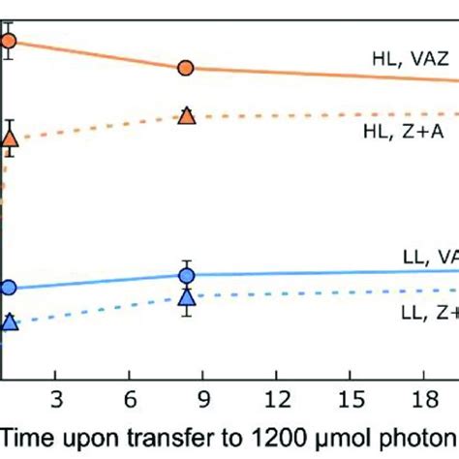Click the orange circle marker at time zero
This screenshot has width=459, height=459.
(x=9, y=41)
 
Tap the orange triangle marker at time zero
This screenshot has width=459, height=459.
(x=10, y=143)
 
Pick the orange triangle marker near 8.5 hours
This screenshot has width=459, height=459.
(x=187, y=116)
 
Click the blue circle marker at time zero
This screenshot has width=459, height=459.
(x=9, y=287)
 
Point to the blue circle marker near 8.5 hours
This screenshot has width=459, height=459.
(x=187, y=275)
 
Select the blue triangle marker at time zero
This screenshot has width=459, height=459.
(x=9, y=321)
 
